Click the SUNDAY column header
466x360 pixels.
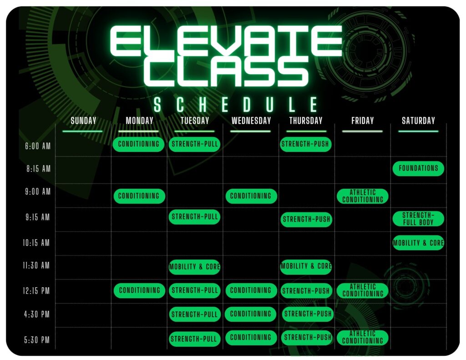click(84, 121)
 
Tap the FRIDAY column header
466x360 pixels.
click(362, 121)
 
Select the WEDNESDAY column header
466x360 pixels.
click(251, 121)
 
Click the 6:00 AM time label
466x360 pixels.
click(38, 146)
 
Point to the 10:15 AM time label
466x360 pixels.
click(36, 243)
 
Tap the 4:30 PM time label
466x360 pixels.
click(37, 314)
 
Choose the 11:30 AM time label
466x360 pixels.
click(36, 265)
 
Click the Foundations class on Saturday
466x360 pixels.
click(418, 168)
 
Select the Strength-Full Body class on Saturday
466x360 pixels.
click(418, 219)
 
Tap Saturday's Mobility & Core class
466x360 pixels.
click(418, 243)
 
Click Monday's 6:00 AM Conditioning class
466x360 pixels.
click(138, 144)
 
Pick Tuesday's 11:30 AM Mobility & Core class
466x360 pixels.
click(194, 267)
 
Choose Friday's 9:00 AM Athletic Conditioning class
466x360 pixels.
click(363, 196)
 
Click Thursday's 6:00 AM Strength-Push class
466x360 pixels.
click(305, 144)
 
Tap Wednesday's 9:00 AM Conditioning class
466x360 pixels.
click(251, 196)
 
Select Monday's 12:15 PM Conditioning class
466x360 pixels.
click(139, 290)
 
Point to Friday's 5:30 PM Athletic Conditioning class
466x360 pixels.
click(363, 338)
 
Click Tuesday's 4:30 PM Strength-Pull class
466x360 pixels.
click(195, 314)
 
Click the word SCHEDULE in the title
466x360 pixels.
click(236, 105)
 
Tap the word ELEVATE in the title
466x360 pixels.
click(226, 41)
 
